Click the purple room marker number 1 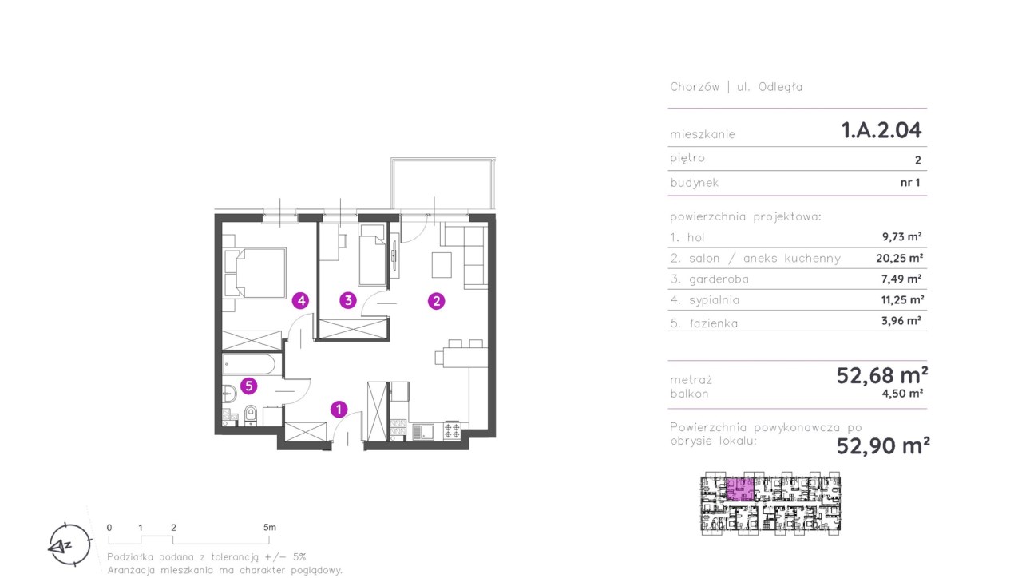pos(339,410)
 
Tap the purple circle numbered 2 pos(436,301)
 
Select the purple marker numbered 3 pos(348,301)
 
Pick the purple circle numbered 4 pos(301,301)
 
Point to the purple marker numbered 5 pos(248,386)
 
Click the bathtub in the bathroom pos(249,366)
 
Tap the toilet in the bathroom pos(251,414)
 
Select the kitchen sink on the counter pos(423,432)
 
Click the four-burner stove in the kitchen pos(452,431)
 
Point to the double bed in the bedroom pos(255,273)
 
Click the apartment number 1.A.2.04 pos(881,130)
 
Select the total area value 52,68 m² pos(882,375)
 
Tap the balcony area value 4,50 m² pos(902,394)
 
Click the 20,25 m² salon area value pos(899,258)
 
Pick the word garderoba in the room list pos(719,279)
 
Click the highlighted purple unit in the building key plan pos(739,489)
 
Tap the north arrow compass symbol pos(69,545)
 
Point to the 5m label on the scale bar pos(270,528)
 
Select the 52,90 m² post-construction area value pos(883,445)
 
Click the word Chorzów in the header pos(695,87)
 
